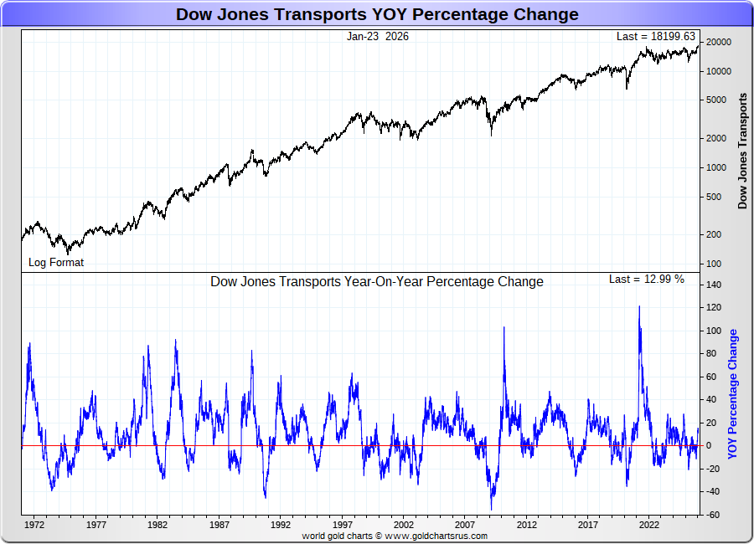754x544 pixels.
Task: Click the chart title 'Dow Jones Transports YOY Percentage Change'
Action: tap(377, 14)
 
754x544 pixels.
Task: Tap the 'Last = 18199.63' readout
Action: tap(655, 36)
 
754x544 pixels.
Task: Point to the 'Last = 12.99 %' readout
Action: tap(646, 279)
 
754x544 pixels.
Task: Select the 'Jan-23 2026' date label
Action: tap(378, 36)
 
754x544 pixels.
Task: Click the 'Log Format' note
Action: tap(56, 262)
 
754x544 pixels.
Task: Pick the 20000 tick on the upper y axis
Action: tap(718, 42)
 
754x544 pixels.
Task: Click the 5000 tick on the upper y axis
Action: tap(715, 100)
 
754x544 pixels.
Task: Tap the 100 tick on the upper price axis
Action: tap(713, 264)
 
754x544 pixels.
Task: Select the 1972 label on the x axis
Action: tap(34, 525)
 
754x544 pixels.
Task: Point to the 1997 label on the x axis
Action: tap(342, 525)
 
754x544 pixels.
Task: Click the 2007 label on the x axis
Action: tap(465, 525)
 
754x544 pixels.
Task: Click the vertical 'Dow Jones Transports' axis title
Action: tap(742, 151)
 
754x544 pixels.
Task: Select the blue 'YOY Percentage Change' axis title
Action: tap(733, 393)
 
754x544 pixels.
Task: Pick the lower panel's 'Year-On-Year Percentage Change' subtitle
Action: tap(376, 281)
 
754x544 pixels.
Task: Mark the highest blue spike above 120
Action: tap(639, 306)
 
